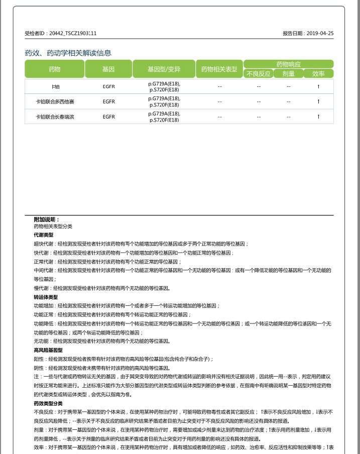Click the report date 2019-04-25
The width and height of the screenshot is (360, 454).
(320, 34)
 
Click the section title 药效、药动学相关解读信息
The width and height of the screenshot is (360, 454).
(68, 53)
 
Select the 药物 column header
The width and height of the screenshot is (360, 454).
(54, 69)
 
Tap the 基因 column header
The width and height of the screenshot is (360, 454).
(108, 69)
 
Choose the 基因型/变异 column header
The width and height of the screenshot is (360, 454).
(164, 69)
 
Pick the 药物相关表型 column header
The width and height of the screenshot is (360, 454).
(219, 69)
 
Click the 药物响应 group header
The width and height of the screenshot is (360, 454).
(289, 64)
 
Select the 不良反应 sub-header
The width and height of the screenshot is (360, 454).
(258, 74)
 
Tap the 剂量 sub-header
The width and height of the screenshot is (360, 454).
(288, 74)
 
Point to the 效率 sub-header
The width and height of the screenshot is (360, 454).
(318, 74)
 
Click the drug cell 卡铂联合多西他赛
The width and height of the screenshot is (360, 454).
(54, 101)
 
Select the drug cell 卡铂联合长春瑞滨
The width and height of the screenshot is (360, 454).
(54, 117)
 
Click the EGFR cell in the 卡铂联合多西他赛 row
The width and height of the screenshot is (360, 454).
(108, 101)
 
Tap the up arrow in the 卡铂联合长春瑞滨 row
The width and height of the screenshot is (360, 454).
(318, 117)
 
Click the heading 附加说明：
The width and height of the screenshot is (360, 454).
(47, 219)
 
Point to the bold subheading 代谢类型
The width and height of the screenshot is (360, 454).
(44, 235)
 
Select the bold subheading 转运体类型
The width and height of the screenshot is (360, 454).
(46, 297)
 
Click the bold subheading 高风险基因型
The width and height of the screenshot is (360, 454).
(48, 350)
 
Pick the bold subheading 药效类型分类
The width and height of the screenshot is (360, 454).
(48, 403)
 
